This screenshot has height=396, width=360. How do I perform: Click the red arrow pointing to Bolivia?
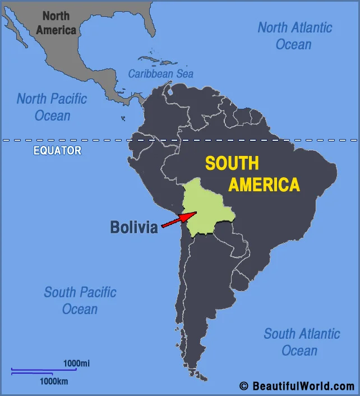178,219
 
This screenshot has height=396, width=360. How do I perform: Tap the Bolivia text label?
134,227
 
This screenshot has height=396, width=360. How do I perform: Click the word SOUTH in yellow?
232,163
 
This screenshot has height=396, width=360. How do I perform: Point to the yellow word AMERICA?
264,185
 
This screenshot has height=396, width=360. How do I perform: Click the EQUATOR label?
57,150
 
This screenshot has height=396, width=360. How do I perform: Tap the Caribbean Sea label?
160,73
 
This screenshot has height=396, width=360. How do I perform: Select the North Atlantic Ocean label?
294,35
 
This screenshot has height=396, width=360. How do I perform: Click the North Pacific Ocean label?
52,107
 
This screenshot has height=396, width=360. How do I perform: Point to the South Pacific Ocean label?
80,300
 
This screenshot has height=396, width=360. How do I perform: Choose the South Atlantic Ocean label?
301,342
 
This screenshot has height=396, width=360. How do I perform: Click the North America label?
56,23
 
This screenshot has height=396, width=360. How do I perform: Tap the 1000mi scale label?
76,363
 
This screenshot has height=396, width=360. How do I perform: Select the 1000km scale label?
54,381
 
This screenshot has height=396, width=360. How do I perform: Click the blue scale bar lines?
39,371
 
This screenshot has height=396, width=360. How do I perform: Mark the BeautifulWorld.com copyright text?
297,386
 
